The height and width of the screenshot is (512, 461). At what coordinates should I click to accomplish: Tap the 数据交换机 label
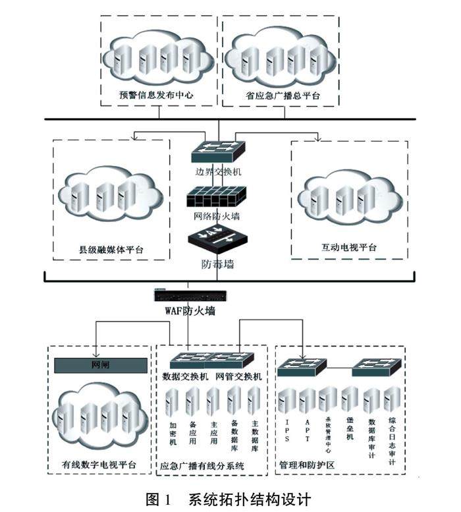185,377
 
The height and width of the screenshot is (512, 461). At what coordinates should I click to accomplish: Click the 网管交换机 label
238,377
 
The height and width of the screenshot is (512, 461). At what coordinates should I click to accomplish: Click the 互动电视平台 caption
349,248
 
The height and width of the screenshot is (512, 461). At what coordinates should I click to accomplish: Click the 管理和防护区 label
307,465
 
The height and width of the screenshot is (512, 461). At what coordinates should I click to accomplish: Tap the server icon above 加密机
173,401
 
